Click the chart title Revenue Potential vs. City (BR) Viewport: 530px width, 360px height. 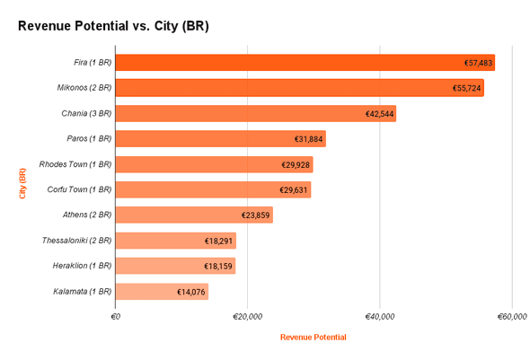113,26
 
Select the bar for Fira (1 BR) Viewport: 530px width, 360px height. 305,63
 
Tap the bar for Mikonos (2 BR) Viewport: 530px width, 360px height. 299,88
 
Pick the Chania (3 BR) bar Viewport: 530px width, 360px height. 255,114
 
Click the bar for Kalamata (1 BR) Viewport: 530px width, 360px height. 162,292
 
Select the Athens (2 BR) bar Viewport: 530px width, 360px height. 194,215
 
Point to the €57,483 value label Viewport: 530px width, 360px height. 477,63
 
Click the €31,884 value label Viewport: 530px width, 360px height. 308,139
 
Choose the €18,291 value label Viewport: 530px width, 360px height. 218,241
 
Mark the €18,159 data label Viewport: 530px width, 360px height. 217,267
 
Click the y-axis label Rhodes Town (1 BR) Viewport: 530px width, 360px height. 75,164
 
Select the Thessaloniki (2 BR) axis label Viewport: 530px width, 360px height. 76,241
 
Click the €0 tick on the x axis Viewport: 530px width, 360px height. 115,316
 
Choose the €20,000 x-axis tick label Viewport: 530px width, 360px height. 247,316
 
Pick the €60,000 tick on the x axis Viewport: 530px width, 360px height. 510,316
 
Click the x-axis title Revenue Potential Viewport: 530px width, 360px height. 313,338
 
